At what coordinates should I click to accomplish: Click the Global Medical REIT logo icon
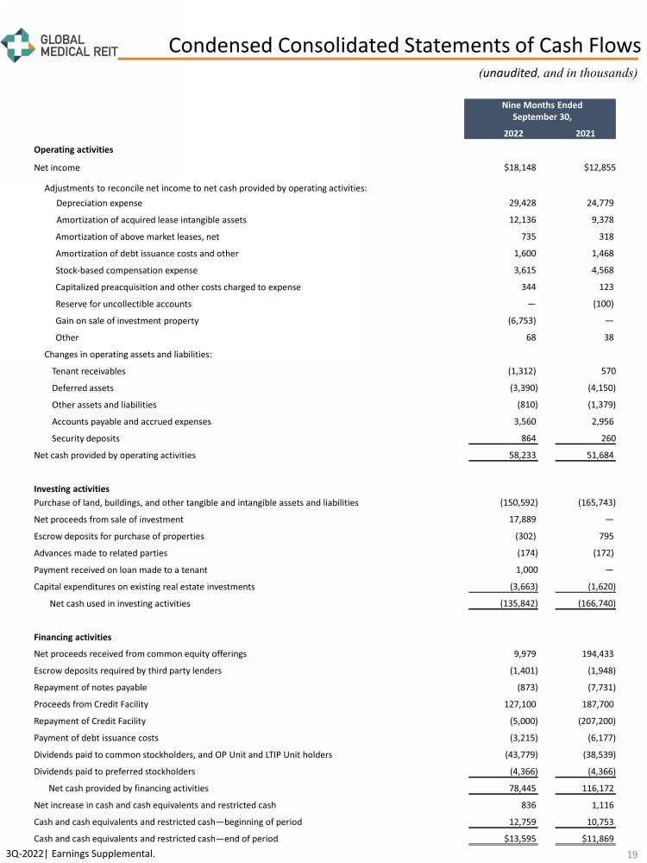(18, 43)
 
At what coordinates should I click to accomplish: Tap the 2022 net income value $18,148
(520, 167)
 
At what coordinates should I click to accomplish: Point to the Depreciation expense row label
(99, 203)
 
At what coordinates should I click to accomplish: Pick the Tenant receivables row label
(88, 371)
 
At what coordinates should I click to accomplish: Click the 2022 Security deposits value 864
(527, 438)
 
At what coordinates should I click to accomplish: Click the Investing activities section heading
(72, 489)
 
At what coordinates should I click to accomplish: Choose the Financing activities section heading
(72, 638)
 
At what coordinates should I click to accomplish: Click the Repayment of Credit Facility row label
(90, 721)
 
